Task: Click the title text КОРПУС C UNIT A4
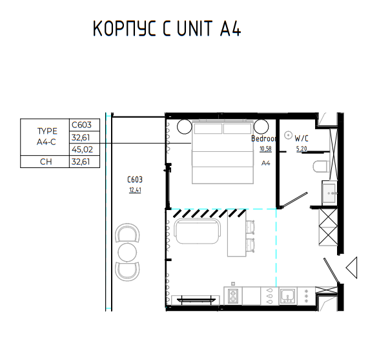(x=167, y=28)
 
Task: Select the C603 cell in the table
(x=85, y=125)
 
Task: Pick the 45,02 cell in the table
(x=85, y=149)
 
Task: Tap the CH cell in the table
(x=45, y=162)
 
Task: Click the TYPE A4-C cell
(x=45, y=137)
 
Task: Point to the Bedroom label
(x=263, y=138)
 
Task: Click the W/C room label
(x=302, y=138)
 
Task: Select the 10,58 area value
(x=265, y=149)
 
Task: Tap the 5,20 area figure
(x=302, y=149)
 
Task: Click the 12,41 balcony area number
(x=135, y=190)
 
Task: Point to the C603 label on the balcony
(x=135, y=180)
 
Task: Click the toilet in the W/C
(x=321, y=167)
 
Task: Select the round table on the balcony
(x=127, y=252)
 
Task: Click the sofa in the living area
(x=198, y=231)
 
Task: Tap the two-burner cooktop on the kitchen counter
(x=233, y=296)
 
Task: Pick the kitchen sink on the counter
(x=287, y=296)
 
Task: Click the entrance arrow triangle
(x=351, y=268)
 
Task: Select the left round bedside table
(x=185, y=127)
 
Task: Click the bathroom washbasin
(x=329, y=193)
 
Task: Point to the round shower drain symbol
(x=288, y=135)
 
